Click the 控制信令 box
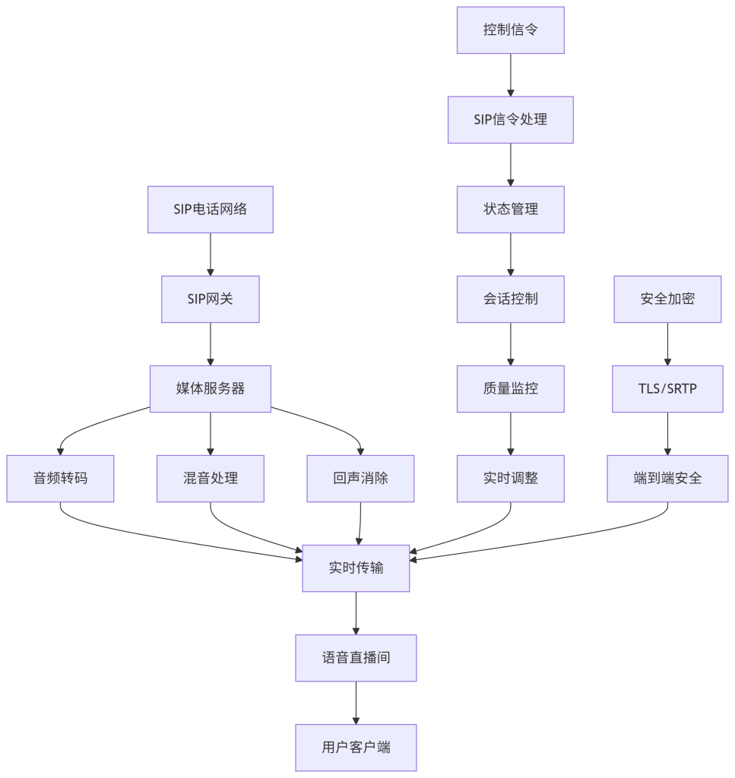[510, 30]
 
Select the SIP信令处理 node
[510, 120]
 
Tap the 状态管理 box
[510, 210]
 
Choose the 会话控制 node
[510, 299]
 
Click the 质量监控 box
[510, 389]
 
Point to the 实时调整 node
[510, 479]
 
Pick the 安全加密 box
[667, 299]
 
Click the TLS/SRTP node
[667, 389]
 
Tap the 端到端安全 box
[667, 479]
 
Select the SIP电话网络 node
[211, 210]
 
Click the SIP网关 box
[211, 299]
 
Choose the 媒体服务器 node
[211, 389]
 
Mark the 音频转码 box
[60, 479]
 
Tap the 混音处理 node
[211, 479]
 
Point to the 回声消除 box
[360, 479]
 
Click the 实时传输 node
[356, 568]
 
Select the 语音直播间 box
[356, 658]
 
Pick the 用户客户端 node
[356, 748]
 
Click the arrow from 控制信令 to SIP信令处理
[510, 75]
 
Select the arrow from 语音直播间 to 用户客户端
[356, 703]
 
